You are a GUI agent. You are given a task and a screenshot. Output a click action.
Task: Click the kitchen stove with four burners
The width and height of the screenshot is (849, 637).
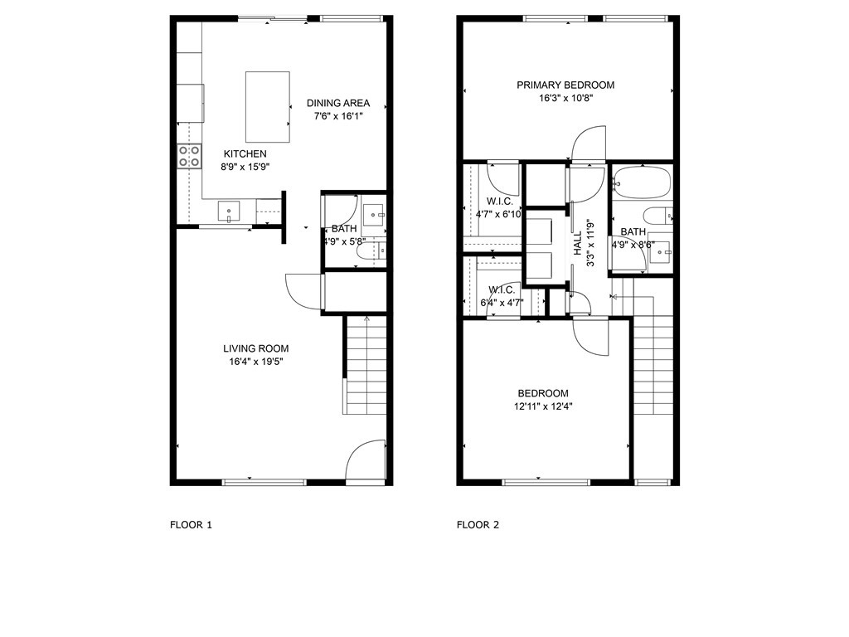coord(190,156)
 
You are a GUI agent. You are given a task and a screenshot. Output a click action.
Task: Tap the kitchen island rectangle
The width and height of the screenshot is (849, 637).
coord(268,107)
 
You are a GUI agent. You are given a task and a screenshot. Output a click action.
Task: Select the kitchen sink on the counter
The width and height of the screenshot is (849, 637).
coord(229,212)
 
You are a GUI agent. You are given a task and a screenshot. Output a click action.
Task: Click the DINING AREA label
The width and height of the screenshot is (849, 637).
coord(338,103)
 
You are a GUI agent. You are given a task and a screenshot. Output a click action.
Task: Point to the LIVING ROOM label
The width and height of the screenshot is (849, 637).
coord(256,348)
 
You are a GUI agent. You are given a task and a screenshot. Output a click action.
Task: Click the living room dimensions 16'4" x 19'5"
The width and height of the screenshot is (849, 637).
coord(256,362)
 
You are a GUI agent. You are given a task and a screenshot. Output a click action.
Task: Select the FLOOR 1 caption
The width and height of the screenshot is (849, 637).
coord(192,524)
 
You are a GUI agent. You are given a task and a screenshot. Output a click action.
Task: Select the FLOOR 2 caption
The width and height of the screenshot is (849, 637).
coord(478,524)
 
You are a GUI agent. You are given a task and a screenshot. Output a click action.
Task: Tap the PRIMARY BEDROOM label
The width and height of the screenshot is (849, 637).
coord(565,85)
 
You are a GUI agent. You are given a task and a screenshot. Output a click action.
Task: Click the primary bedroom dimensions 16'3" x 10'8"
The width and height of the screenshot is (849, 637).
coord(565,98)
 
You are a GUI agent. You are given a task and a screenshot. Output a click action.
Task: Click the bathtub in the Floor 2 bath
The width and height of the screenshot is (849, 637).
coord(642,182)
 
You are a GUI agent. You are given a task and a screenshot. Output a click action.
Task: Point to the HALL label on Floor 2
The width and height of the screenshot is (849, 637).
coord(578,243)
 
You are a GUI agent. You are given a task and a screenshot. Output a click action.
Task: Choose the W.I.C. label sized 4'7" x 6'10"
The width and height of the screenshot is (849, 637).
coord(499,202)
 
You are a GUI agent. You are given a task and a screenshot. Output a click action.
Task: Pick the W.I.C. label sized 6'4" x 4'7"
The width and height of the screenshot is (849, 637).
coord(502,289)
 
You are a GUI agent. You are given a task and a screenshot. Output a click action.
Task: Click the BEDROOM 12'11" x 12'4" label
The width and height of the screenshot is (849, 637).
coord(543,393)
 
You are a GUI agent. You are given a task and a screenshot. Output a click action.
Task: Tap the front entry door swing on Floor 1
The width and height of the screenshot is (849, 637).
coord(366,459)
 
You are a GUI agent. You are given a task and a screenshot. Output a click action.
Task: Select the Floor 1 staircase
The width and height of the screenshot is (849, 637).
coord(365,366)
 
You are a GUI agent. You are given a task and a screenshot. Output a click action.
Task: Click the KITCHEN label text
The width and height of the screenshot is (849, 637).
coord(245,153)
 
